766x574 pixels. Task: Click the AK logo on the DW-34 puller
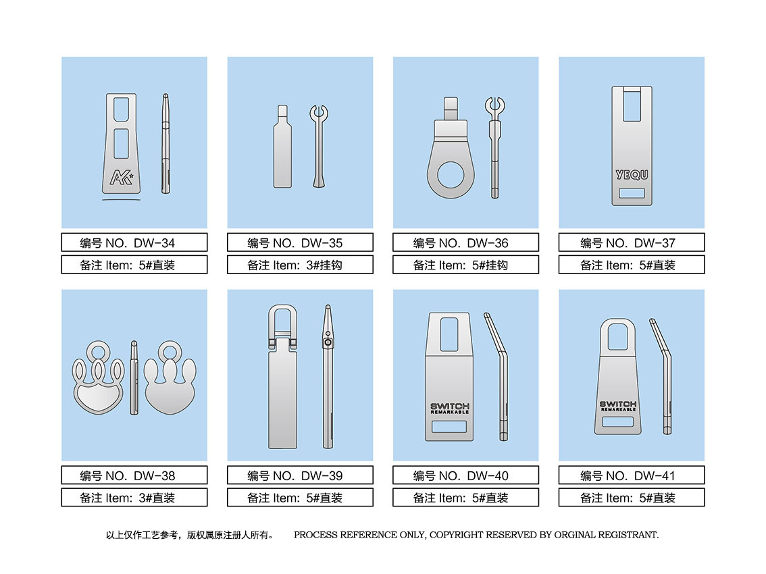click(x=122, y=178)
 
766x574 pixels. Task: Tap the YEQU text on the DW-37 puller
click(x=632, y=174)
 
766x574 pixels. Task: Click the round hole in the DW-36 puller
click(x=451, y=175)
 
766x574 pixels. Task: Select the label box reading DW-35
click(x=300, y=242)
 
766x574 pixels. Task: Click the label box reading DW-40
click(x=465, y=475)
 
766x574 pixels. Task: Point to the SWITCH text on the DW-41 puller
click(x=618, y=405)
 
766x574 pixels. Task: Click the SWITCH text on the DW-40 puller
click(x=450, y=407)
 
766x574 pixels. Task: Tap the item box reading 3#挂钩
click(x=300, y=265)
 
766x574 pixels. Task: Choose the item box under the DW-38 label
click(x=134, y=497)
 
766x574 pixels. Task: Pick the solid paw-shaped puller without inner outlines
click(x=170, y=378)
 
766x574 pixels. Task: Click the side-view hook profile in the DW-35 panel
click(x=319, y=146)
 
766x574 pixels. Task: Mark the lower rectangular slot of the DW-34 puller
click(x=121, y=144)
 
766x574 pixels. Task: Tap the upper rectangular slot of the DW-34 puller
click(x=121, y=109)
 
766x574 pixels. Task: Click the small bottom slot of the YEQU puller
click(x=632, y=193)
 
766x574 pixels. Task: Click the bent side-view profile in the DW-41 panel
click(x=663, y=376)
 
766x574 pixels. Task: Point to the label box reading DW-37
click(x=632, y=242)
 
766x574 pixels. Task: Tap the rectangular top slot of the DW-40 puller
click(x=449, y=335)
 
